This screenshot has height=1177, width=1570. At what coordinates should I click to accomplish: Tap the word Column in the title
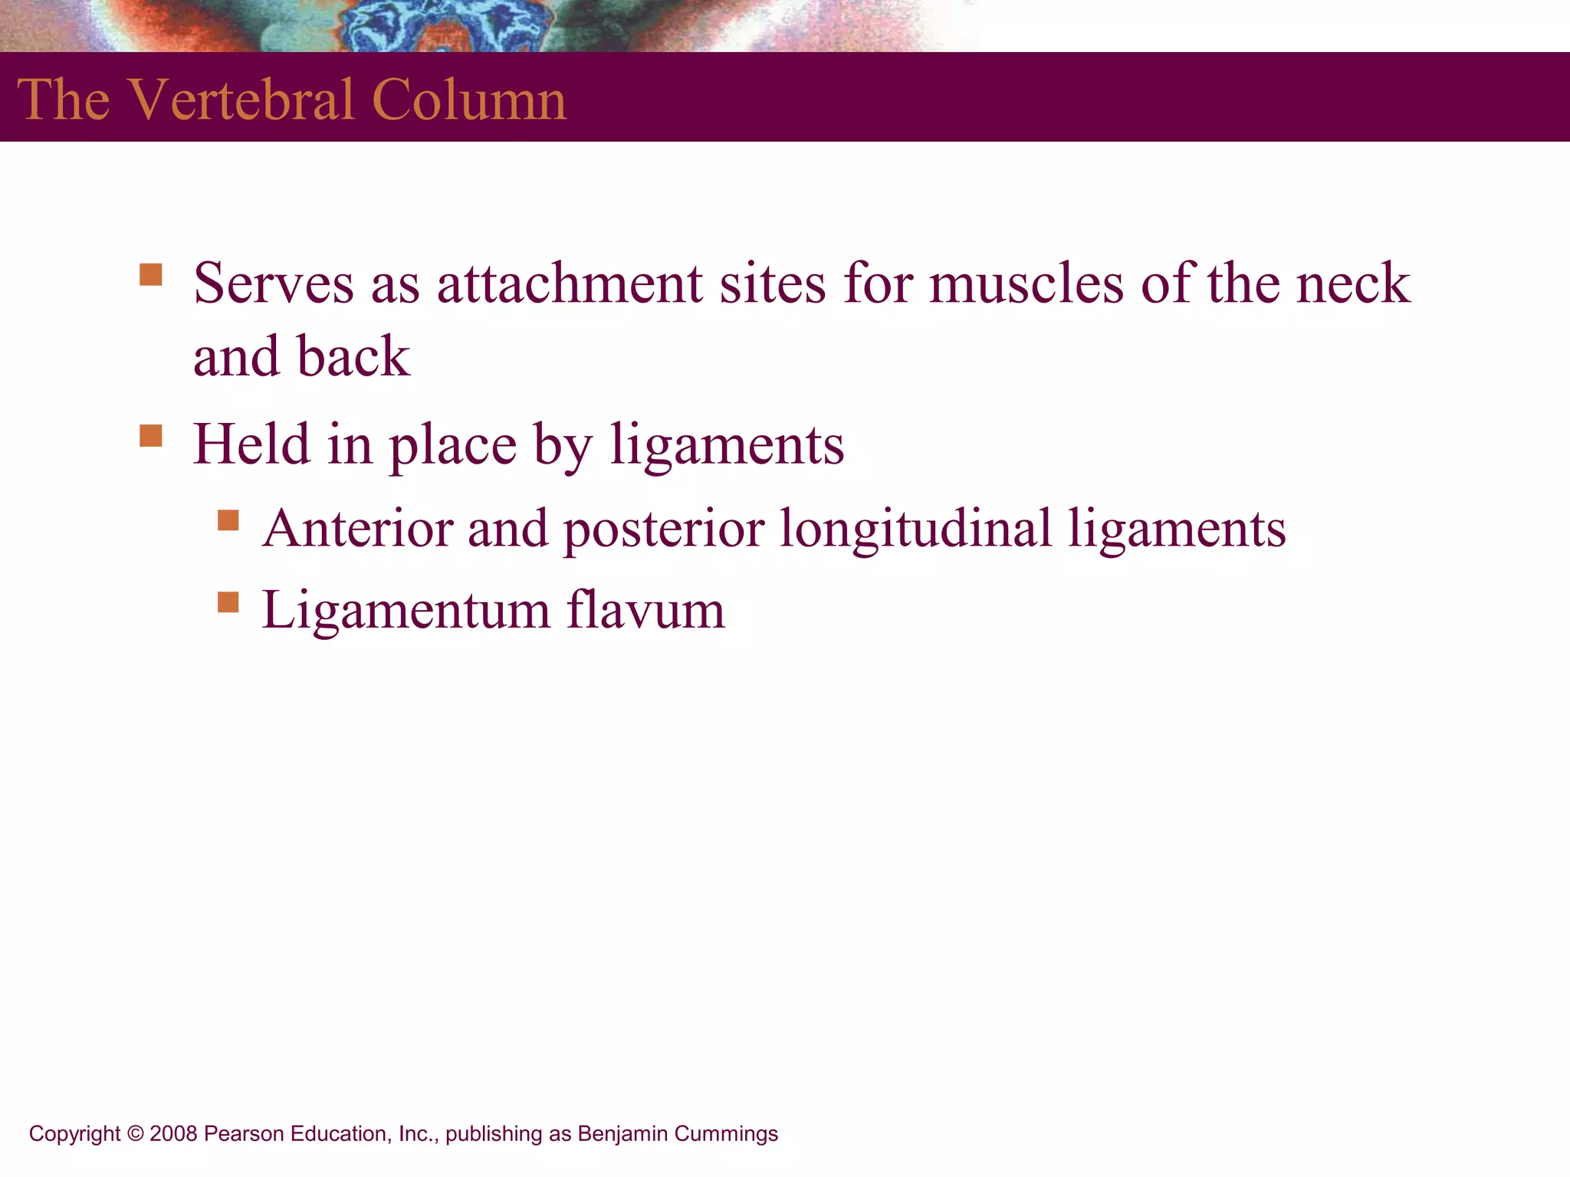469,100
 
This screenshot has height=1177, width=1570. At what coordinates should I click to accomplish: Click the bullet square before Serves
151,274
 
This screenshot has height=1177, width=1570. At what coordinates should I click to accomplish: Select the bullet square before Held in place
151,435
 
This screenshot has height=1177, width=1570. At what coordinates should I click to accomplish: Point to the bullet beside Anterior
228,520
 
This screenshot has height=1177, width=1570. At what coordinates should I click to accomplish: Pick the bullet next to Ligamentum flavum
228,602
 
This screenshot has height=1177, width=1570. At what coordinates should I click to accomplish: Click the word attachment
570,284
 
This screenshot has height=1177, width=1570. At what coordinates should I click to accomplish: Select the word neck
1353,284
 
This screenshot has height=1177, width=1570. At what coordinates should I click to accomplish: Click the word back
353,356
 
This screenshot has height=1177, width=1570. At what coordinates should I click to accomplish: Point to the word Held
251,444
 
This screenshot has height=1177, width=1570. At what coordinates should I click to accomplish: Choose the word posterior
664,529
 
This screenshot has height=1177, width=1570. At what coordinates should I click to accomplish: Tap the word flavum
645,611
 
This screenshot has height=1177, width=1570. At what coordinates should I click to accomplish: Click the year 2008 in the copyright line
173,1134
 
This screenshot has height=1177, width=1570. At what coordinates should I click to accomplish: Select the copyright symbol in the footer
136,1134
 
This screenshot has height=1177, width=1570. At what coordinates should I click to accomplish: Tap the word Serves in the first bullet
274,284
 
